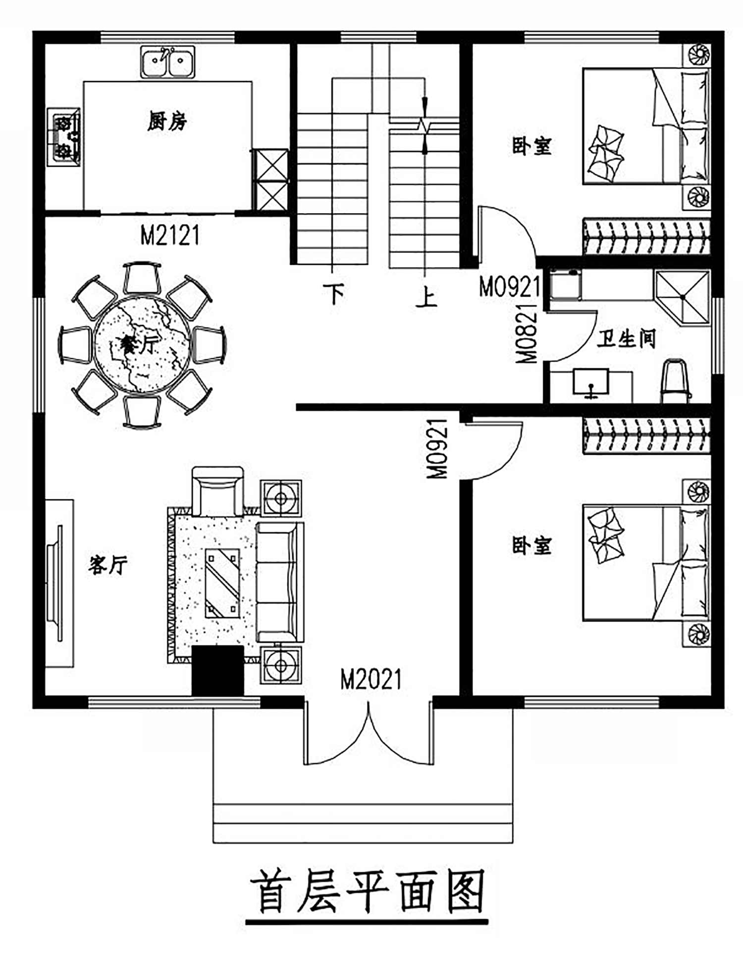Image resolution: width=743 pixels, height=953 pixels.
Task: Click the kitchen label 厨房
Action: pos(167,121)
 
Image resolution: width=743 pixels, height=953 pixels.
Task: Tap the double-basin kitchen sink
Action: pos(167,62)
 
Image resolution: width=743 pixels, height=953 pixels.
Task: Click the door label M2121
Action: pos(170,235)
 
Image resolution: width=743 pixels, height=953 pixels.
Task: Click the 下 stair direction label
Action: pos(333,293)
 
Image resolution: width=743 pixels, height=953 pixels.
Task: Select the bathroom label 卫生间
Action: pos(626,339)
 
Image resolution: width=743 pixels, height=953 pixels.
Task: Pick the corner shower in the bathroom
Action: pos(682,297)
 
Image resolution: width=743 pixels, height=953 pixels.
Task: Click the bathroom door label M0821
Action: pos(527,334)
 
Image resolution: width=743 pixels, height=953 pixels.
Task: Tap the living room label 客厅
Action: pos(108,565)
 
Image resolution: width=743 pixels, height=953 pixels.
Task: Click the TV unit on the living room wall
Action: pos(59,583)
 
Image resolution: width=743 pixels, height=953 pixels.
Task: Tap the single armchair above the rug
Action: pos(217,491)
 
